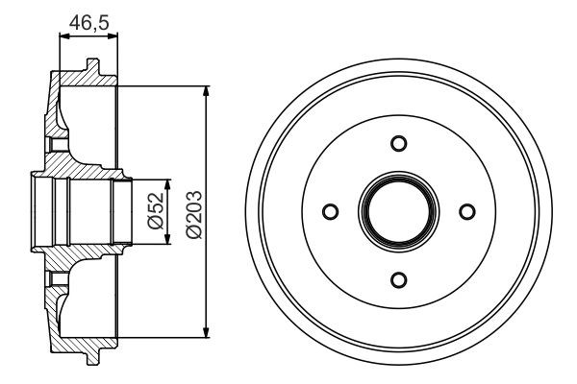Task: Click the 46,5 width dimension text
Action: [x=89, y=21]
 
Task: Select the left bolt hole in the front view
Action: [x=331, y=211]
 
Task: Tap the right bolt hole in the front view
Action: [x=467, y=211]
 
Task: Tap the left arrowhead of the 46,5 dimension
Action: [x=64, y=36]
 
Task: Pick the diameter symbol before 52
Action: [x=154, y=226]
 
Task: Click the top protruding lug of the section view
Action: [x=91, y=67]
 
